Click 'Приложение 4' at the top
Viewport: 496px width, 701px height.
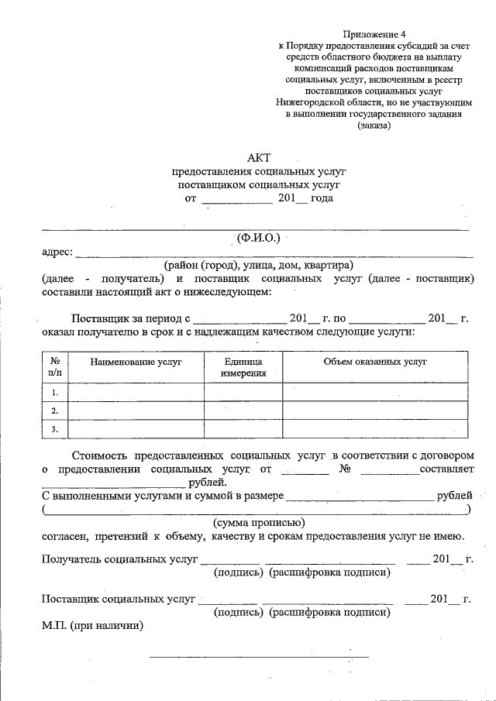374,34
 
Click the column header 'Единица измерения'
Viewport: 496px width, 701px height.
243,367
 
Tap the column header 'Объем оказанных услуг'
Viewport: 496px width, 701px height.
375,362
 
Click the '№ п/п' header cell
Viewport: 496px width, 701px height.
55,367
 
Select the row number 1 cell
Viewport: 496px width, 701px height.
55,393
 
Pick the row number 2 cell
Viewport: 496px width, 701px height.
55,411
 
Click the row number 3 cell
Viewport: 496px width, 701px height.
55,428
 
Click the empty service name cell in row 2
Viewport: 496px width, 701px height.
136,411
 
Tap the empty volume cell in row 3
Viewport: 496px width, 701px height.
375,428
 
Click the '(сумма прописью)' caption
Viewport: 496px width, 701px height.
257,522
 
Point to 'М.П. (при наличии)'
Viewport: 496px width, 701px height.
93,625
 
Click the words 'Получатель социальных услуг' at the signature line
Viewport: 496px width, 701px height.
119,559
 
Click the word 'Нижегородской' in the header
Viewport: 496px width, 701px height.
308,102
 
